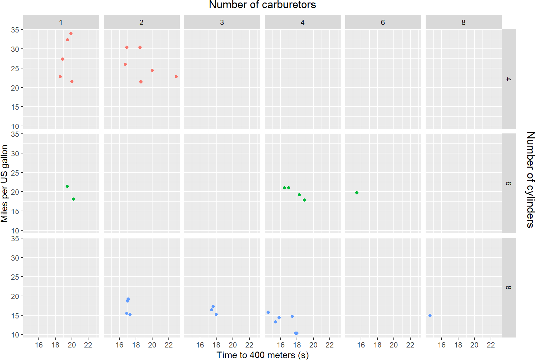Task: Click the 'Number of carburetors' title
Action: [262, 5]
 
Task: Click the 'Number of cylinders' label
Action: [530, 180]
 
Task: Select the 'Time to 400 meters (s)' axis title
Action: [262, 355]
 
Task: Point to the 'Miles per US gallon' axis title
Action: [4, 183]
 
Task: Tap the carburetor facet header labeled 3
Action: [222, 22]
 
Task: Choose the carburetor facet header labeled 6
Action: [383, 22]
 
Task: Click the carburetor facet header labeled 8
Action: [463, 22]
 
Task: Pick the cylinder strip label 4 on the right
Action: [508, 79]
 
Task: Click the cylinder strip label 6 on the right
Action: [508, 183]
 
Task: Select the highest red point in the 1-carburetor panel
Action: [71, 34]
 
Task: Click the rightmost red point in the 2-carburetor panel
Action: [176, 77]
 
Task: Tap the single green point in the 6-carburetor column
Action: [357, 193]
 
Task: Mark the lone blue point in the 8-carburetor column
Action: [430, 315]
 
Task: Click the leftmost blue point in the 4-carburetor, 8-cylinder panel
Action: [268, 312]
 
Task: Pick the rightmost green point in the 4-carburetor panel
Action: [304, 200]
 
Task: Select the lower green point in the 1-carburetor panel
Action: [73, 199]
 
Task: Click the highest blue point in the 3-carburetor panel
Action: [213, 306]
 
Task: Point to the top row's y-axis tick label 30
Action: [15, 49]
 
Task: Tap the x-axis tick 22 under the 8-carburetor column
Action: [491, 345]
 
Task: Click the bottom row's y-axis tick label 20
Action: [15, 296]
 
